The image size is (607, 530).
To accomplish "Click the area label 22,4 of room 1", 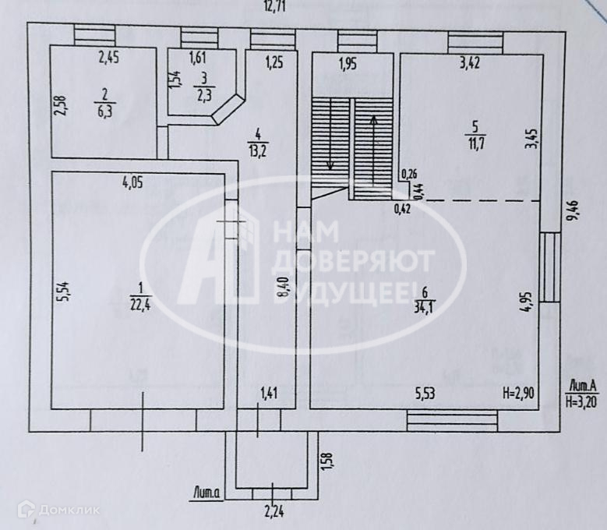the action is pos(140,304).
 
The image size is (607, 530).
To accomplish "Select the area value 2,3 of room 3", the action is pos(203,95).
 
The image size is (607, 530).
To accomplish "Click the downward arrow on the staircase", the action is pos(330,140).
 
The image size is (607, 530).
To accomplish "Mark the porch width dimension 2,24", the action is pos(273,511).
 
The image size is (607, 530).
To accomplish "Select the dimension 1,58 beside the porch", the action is pos(328,461).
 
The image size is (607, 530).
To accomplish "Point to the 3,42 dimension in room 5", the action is pos(471,63).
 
